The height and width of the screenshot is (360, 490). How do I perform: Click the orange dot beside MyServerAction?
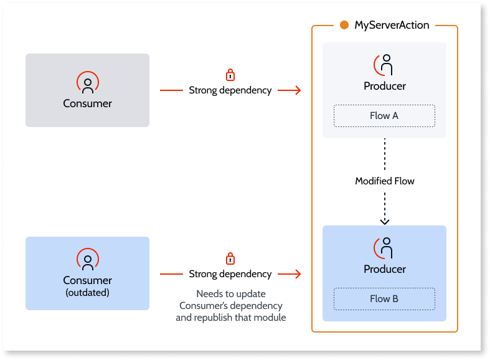pyautogui.click(x=344, y=26)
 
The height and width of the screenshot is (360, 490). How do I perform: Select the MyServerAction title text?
pyautogui.click(x=392, y=26)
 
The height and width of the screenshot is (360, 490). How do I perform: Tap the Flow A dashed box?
pyautogui.click(x=384, y=116)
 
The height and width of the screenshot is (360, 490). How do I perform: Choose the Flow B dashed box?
pyautogui.click(x=384, y=299)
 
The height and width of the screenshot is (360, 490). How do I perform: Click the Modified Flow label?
pyautogui.click(x=385, y=181)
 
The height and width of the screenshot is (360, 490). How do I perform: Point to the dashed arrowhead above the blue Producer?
pyautogui.click(x=385, y=220)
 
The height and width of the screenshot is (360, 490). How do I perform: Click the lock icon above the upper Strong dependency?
pyautogui.click(x=230, y=74)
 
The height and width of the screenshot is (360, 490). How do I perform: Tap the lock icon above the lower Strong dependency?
pyautogui.click(x=230, y=258)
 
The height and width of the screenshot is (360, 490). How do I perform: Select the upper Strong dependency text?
pyautogui.click(x=230, y=90)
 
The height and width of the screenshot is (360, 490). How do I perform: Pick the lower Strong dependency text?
pyautogui.click(x=230, y=274)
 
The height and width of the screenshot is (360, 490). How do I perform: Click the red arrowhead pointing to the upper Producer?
pyautogui.click(x=298, y=90)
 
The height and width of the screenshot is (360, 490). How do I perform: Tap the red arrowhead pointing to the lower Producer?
pyautogui.click(x=298, y=274)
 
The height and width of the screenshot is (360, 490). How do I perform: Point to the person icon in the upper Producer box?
pyautogui.click(x=385, y=65)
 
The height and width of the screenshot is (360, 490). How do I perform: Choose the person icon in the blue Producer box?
pyautogui.click(x=385, y=248)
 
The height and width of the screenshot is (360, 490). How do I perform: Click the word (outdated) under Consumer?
pyautogui.click(x=87, y=293)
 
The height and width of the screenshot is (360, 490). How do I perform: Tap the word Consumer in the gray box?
pyautogui.click(x=87, y=103)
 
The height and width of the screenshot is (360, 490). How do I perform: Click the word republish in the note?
pyautogui.click(x=217, y=318)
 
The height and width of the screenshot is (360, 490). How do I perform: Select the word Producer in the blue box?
pyautogui.click(x=385, y=269)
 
